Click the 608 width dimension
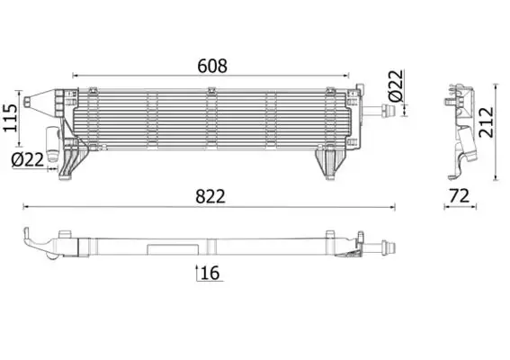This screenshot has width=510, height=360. coord(213,65)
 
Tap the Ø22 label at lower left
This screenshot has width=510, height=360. coord(28,160)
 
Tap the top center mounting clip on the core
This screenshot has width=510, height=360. coord(210,90)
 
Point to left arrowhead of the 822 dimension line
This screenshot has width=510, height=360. coord(26,208)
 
